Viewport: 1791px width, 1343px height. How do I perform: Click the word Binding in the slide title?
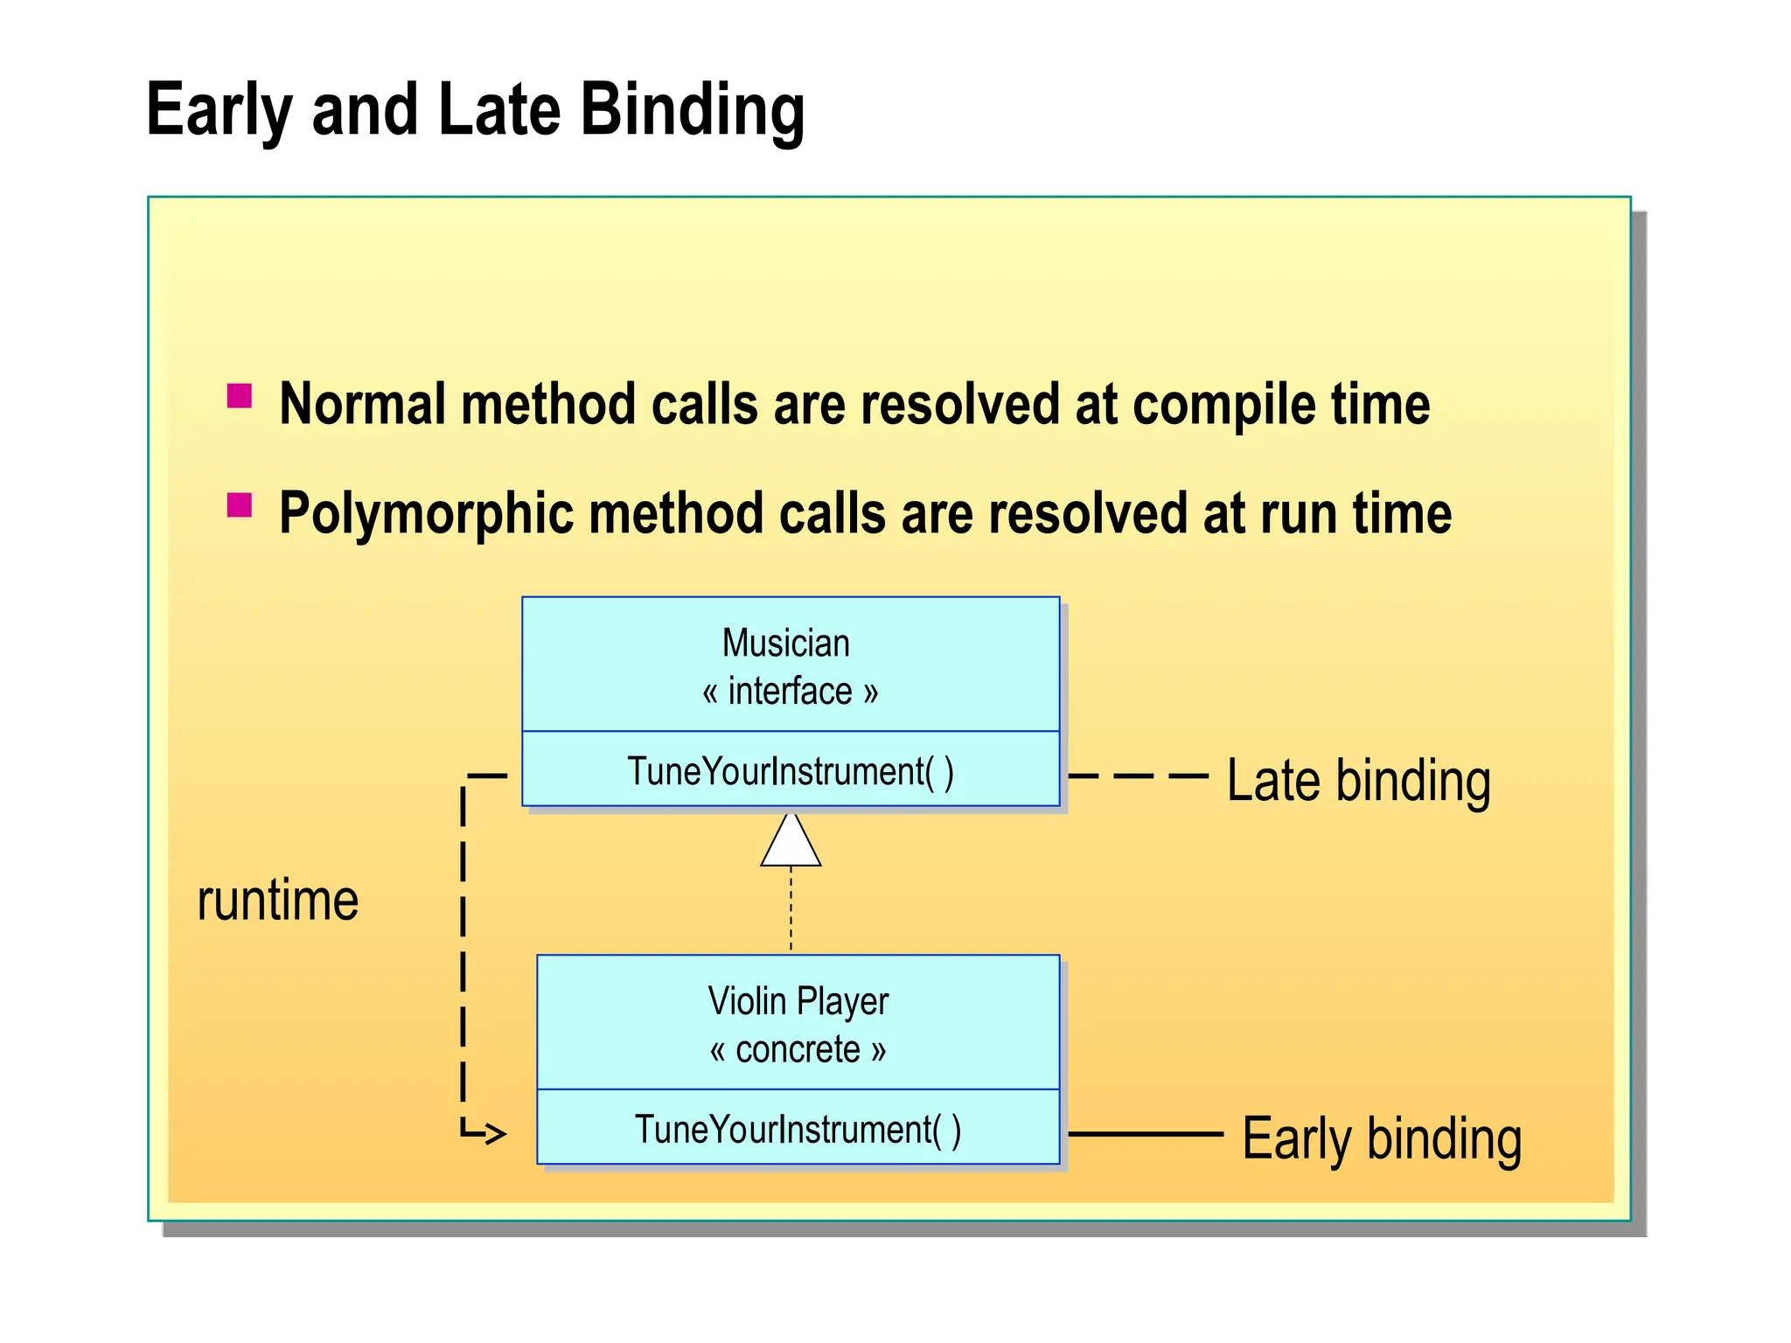(692, 111)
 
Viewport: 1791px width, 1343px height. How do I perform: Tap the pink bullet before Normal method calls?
(240, 396)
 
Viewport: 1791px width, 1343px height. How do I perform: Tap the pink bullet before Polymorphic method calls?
(240, 505)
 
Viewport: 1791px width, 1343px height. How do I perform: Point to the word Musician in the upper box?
(785, 644)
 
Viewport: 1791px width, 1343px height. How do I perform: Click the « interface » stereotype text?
(790, 692)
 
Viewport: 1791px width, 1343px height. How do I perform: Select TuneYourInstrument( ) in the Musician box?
(790, 771)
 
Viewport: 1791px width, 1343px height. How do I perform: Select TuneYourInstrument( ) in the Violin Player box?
(798, 1129)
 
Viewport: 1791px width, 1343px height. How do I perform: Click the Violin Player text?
(798, 1001)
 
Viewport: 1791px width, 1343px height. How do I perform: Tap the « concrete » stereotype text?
(798, 1049)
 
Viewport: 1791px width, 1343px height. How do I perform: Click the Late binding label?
(1358, 781)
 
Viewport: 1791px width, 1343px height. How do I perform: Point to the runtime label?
(278, 901)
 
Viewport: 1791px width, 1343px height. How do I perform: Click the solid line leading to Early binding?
(1146, 1134)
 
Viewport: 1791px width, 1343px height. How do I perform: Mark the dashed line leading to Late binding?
(1137, 776)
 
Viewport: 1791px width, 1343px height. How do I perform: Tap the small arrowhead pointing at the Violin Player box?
(496, 1134)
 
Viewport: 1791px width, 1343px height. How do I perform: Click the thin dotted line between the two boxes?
(791, 909)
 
